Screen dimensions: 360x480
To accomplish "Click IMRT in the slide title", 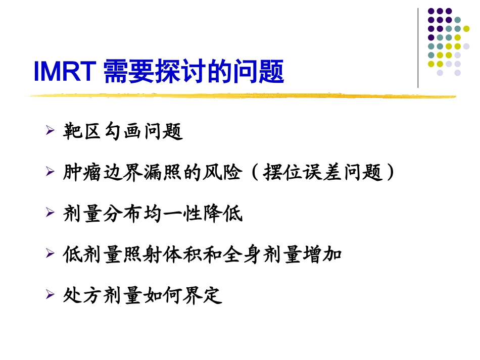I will (65, 72).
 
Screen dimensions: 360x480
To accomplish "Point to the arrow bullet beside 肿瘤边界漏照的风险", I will (50, 172).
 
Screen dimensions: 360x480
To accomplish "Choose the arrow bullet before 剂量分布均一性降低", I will (50, 213).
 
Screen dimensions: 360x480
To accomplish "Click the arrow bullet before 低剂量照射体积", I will (50, 254).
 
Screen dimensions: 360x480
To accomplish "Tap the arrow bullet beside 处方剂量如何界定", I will (50, 295).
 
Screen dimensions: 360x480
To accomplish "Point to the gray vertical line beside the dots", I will (418, 48).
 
